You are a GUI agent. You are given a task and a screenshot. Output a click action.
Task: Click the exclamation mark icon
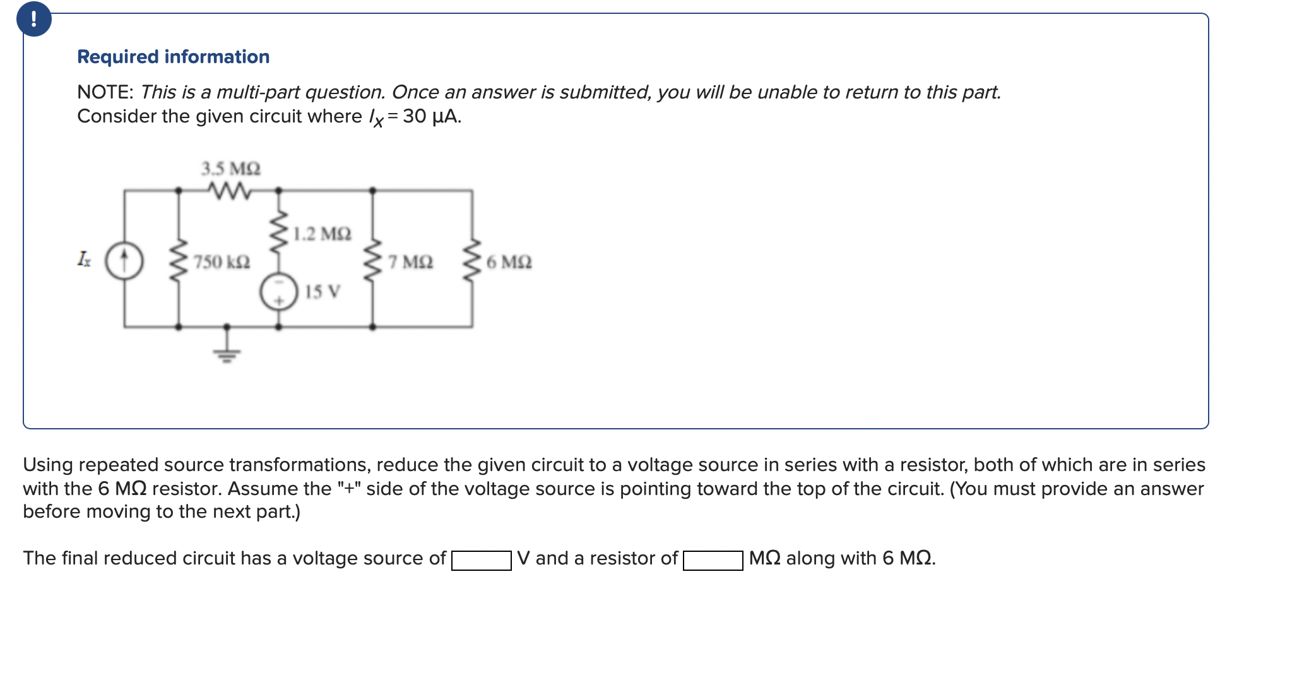tap(33, 19)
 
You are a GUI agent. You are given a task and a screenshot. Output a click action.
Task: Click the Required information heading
tap(173, 57)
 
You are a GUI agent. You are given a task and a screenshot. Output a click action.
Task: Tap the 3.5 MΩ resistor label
tap(230, 169)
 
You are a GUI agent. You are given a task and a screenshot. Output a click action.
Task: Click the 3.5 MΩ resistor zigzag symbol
tap(228, 189)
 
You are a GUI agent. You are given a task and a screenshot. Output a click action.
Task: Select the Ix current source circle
tap(124, 261)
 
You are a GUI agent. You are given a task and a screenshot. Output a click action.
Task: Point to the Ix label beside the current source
tap(84, 259)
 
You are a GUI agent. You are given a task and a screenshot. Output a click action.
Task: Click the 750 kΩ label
tap(222, 261)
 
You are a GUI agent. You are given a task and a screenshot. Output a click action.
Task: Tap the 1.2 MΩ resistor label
tap(322, 234)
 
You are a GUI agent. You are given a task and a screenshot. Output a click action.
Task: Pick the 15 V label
tap(323, 292)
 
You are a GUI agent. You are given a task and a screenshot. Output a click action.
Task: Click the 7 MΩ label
tap(410, 261)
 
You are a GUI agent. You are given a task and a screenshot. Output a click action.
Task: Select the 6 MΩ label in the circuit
tap(509, 261)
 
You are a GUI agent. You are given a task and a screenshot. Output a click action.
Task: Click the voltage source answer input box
tap(481, 560)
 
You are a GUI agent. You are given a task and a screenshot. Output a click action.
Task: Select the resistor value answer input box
tap(713, 560)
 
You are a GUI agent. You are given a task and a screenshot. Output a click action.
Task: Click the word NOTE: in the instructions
tap(105, 92)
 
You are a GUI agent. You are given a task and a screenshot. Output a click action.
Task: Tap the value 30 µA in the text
tap(432, 116)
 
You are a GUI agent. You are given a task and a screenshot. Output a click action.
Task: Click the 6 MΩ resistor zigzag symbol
tap(472, 260)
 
